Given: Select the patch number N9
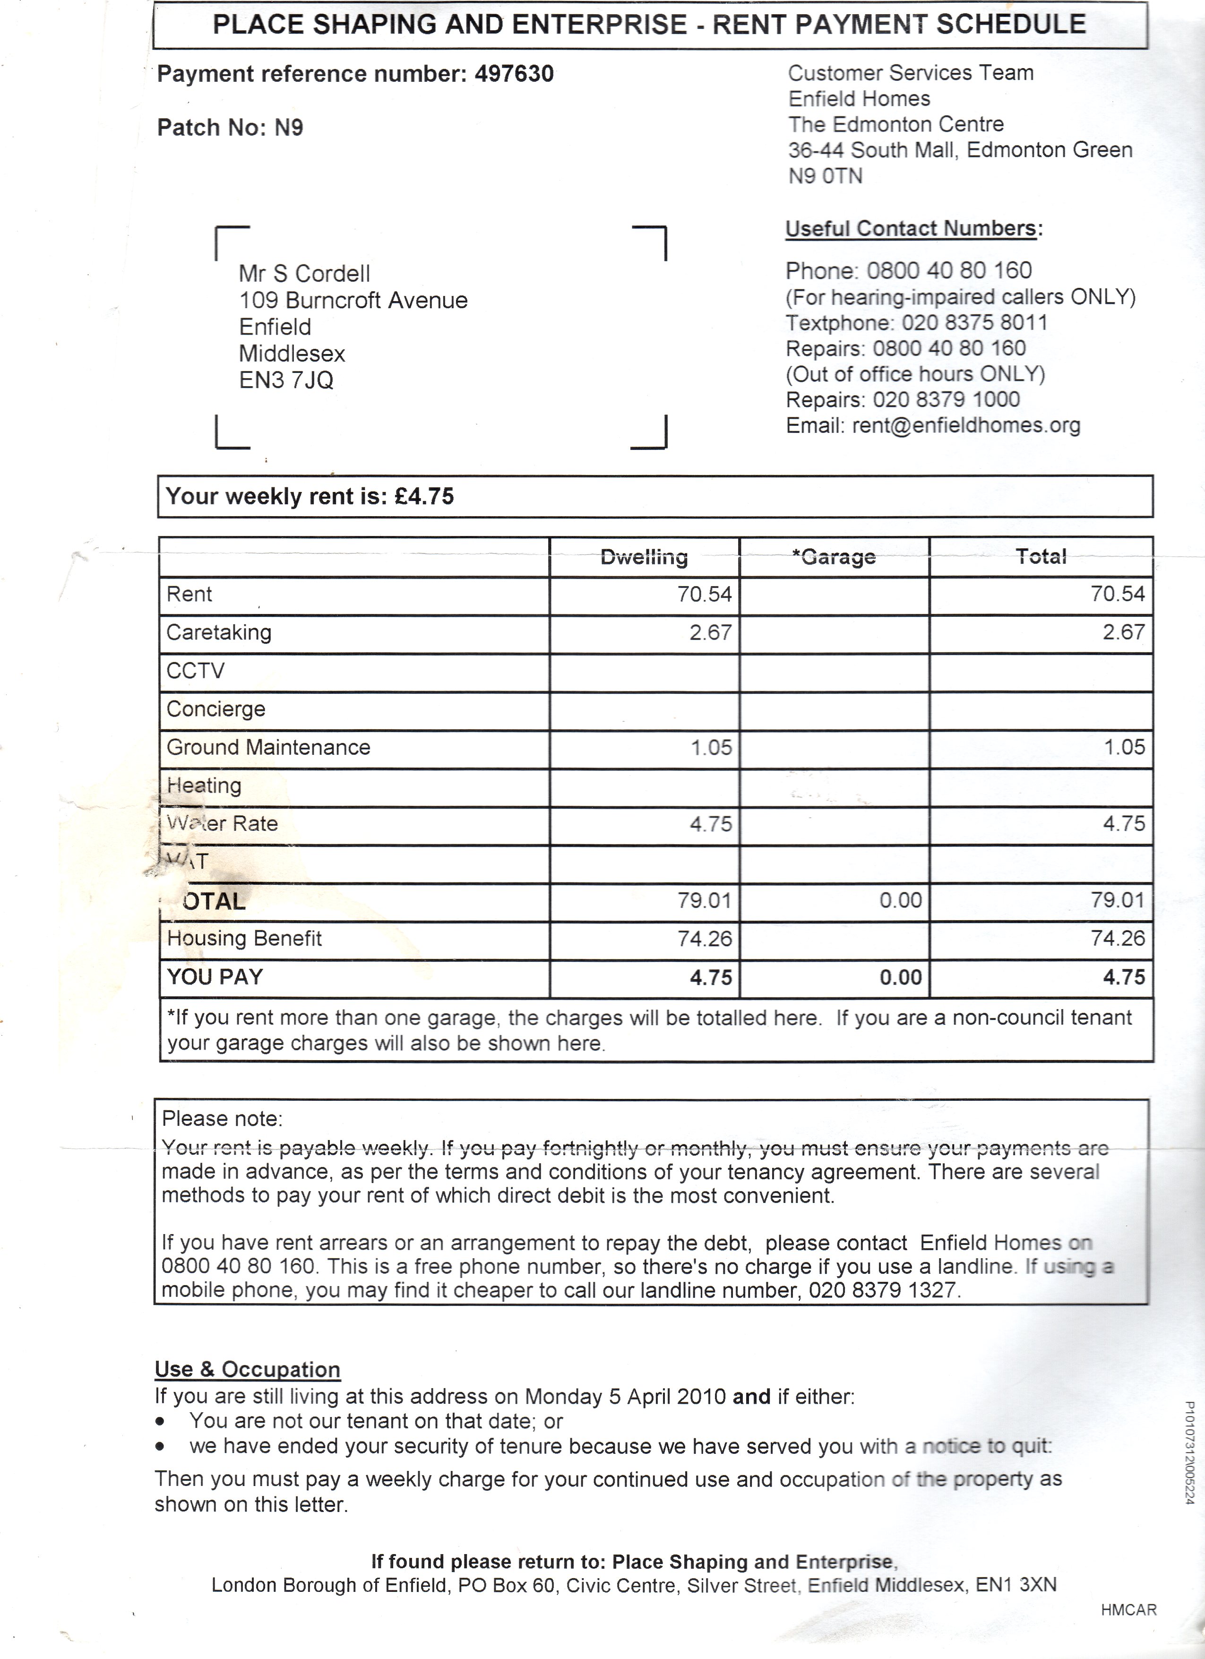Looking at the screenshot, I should click(x=288, y=128).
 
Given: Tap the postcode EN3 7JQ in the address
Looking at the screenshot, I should click(x=286, y=380).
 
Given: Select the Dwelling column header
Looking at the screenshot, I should click(x=644, y=557).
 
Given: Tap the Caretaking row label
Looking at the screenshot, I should click(x=219, y=633).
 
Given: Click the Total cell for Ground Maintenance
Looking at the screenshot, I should click(x=1123, y=748).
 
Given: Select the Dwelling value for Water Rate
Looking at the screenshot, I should click(x=710, y=824).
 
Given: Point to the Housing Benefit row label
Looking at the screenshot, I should click(x=244, y=939).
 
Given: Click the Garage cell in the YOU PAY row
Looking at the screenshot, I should click(x=900, y=978).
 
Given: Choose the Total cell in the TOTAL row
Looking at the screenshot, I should click(x=1117, y=900).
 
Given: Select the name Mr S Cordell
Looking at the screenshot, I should click(x=304, y=274).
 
